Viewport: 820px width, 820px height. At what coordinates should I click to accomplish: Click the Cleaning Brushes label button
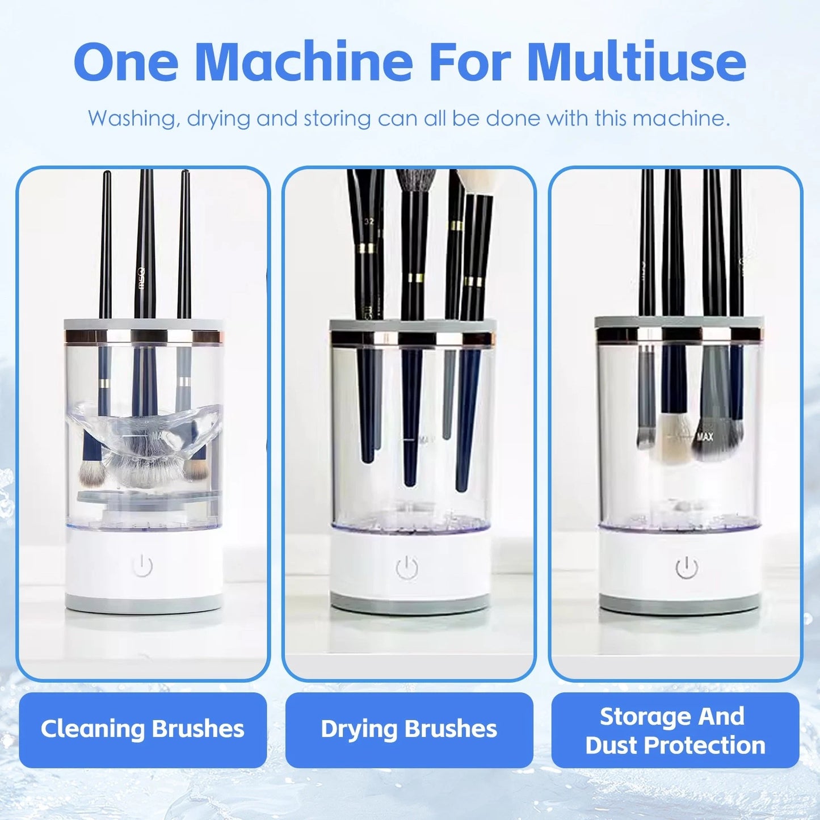pyautogui.click(x=142, y=729)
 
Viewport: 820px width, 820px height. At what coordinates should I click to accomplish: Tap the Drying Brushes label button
pyautogui.click(x=409, y=729)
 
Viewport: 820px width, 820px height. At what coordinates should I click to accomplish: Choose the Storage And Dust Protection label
pyautogui.click(x=675, y=730)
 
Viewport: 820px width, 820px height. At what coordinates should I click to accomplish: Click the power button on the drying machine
pyautogui.click(x=407, y=568)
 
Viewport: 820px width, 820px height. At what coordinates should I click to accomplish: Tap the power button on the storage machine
pyautogui.click(x=687, y=568)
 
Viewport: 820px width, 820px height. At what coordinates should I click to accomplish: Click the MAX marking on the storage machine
pyautogui.click(x=705, y=436)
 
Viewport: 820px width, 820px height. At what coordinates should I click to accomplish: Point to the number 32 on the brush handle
pyautogui.click(x=369, y=222)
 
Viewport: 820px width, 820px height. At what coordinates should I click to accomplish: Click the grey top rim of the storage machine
pyautogui.click(x=679, y=322)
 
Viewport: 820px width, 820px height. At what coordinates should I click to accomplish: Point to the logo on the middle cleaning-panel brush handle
pyautogui.click(x=142, y=278)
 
